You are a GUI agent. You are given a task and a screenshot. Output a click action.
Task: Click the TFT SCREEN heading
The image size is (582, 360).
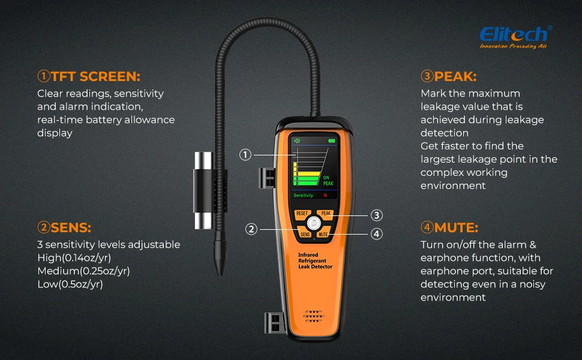click(x=88, y=76)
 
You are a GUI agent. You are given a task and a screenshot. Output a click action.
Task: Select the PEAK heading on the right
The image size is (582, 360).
click(x=448, y=76)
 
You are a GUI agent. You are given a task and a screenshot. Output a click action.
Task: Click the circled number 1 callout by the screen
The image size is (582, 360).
click(x=245, y=155)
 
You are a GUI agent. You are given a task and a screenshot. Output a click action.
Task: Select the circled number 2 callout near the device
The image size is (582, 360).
click(x=251, y=229)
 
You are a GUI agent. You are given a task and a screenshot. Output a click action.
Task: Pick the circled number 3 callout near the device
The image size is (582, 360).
click(x=376, y=215)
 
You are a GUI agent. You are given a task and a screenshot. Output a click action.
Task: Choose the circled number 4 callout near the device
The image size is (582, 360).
click(x=376, y=234)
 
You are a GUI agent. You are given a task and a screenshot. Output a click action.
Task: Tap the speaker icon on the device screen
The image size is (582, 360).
click(x=296, y=142)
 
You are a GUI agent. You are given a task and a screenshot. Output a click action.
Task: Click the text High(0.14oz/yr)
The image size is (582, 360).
click(x=74, y=257)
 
